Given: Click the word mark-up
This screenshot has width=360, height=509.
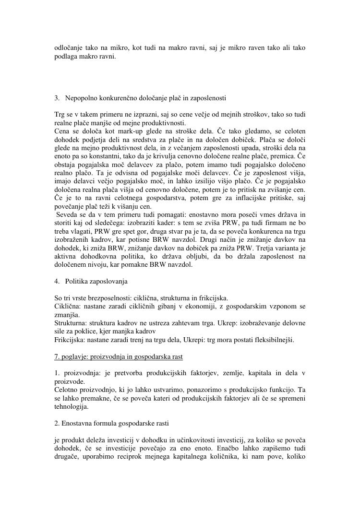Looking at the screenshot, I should click(x=124, y=130).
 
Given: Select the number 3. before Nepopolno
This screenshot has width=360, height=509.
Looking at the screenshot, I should click(x=57, y=98).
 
